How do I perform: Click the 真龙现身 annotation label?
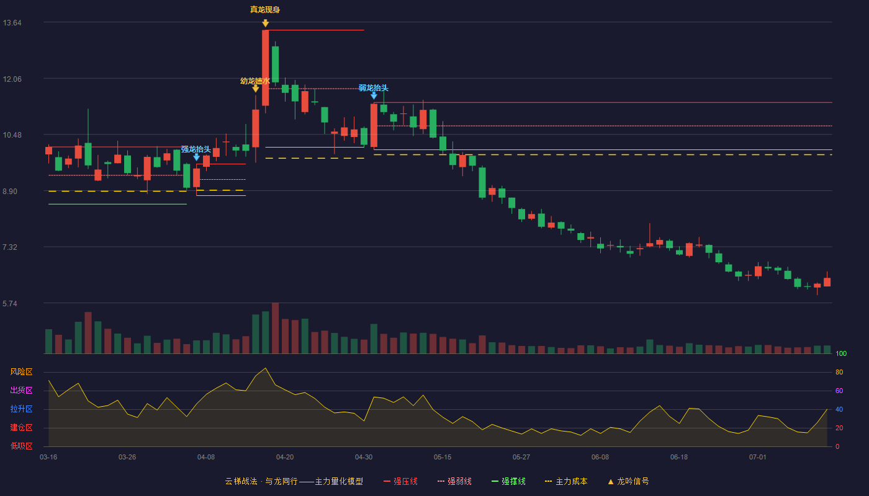265,10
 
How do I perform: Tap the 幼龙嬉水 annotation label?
255,81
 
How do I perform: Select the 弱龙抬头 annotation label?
373,88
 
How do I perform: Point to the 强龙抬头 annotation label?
196,149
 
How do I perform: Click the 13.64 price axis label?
12,23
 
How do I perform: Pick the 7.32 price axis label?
10,247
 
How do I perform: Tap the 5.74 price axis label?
10,304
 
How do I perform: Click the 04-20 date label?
285,458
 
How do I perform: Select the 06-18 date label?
679,458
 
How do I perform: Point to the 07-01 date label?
758,458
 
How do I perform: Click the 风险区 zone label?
21,372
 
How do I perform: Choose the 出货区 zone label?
21,390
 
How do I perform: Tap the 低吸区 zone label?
21,446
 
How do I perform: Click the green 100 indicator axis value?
841,353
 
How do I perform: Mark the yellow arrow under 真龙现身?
266,24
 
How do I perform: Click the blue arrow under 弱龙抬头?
374,95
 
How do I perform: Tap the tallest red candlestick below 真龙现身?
266,68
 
